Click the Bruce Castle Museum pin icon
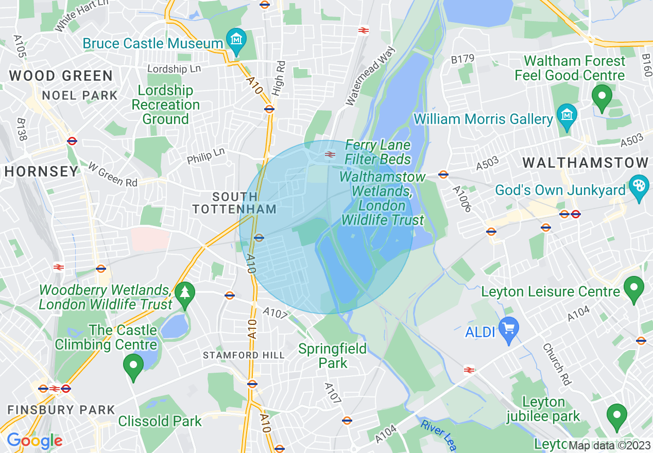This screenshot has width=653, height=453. click(x=236, y=40)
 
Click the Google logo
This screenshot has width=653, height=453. click(x=34, y=441)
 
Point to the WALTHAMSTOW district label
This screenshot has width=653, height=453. click(x=586, y=163)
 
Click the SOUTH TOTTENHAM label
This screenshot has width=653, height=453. click(x=235, y=203)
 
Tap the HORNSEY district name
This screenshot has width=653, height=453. click(x=42, y=171)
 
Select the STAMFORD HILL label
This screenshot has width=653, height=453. click(x=244, y=355)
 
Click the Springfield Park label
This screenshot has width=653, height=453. click(x=333, y=356)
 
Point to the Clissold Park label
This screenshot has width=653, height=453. click(x=160, y=421)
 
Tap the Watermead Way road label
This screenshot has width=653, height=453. click(x=370, y=76)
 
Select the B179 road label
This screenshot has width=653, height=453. click(x=462, y=60)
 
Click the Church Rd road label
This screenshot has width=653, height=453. click(x=557, y=364)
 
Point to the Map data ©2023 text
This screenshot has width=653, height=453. click(x=610, y=445)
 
